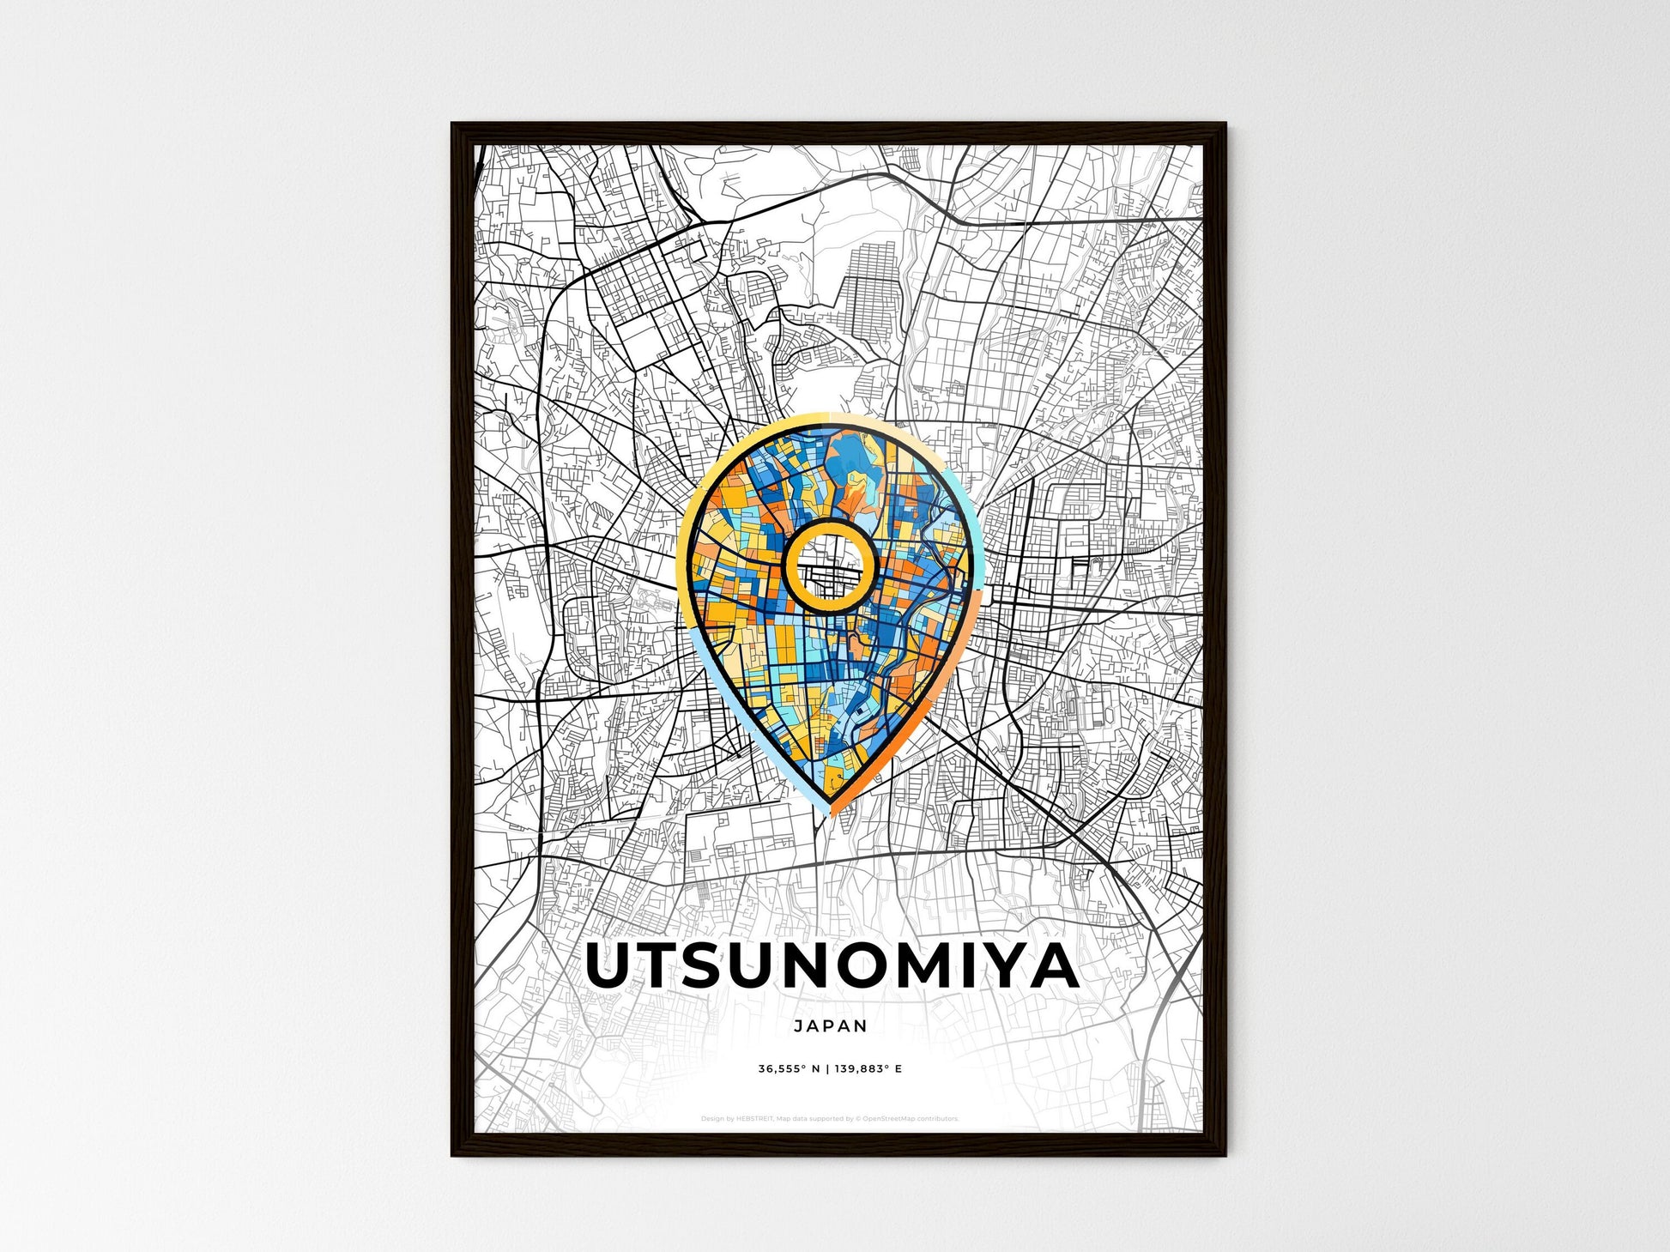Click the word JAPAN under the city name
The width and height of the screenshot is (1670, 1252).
tap(830, 1025)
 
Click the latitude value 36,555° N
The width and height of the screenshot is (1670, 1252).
tap(788, 1069)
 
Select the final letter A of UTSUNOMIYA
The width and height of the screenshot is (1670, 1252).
tap(1053, 966)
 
